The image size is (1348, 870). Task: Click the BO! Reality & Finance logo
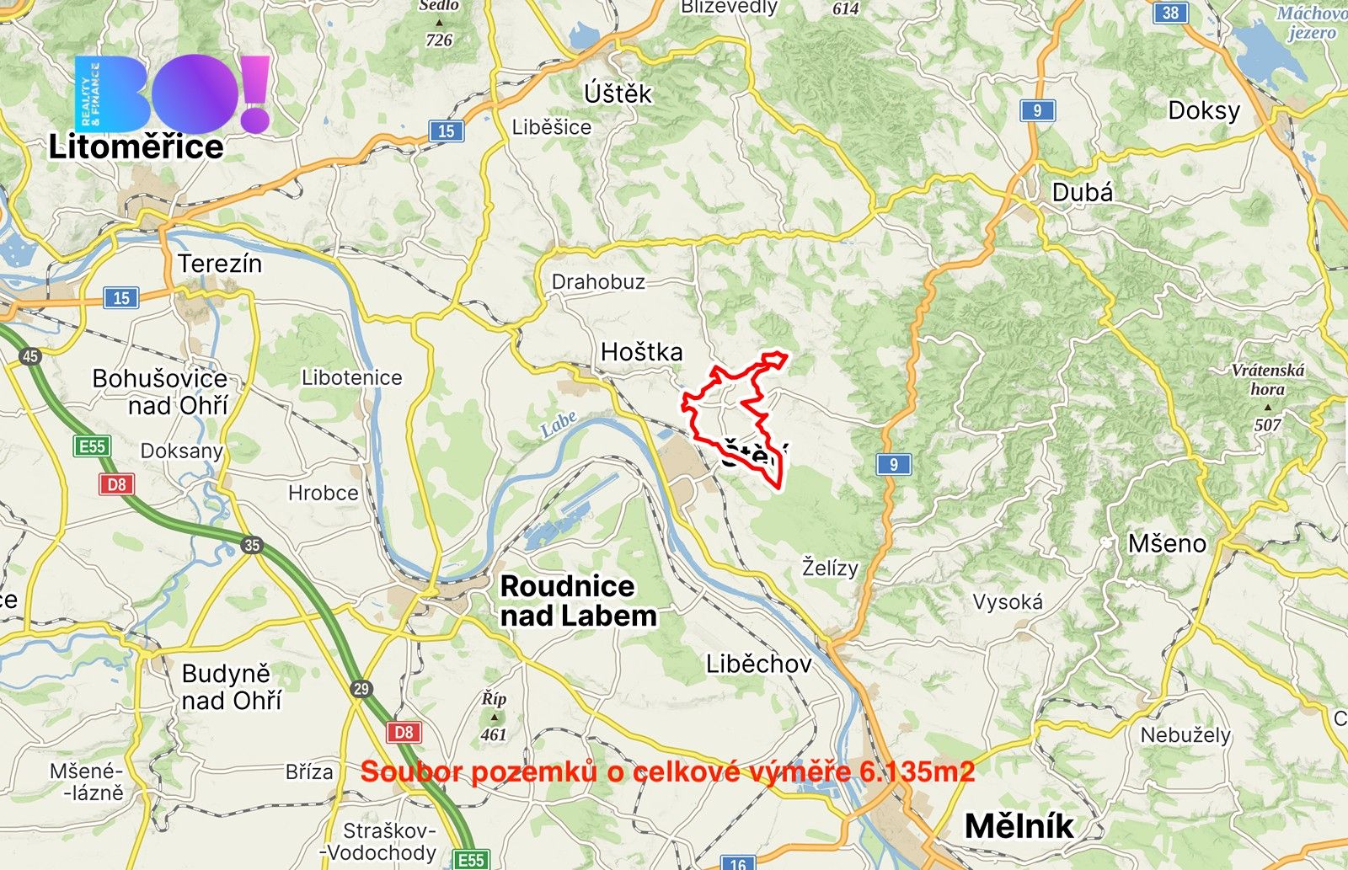coord(173,93)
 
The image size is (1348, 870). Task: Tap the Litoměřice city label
coord(136,147)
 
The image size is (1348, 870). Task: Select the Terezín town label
coord(220,264)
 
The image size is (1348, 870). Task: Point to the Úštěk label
coord(618,93)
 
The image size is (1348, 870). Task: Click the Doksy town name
coord(1204,111)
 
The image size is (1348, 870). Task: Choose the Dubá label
coord(1083,193)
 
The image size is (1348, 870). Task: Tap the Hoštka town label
coord(641,352)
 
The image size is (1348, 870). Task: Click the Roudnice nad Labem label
coord(578,600)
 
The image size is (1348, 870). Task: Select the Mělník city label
coord(1019,826)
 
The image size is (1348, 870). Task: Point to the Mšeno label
coord(1167,544)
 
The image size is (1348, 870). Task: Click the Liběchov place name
coord(758,664)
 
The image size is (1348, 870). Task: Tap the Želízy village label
coord(830,568)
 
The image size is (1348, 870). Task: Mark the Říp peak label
coord(494,699)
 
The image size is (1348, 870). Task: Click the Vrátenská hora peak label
coord(1267,379)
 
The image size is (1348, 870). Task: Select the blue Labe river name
coord(559,423)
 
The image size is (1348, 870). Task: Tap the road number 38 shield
coord(1170,13)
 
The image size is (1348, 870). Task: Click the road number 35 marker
coord(252,545)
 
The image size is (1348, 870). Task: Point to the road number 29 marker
coord(361,689)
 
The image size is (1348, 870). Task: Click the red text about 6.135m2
coord(667,771)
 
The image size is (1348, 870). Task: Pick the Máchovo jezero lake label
coord(1311,23)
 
